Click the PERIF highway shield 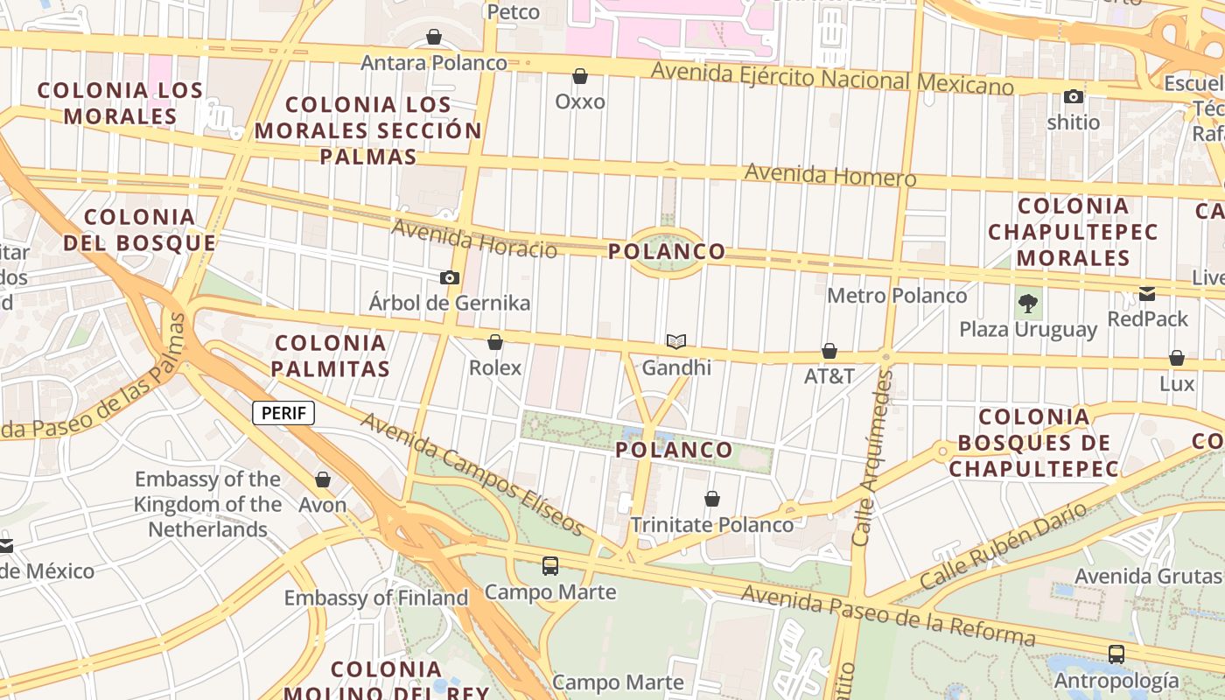pyautogui.click(x=283, y=413)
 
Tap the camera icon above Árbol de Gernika pyautogui.click(x=450, y=278)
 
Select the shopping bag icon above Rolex pyautogui.click(x=495, y=342)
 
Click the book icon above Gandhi pyautogui.click(x=676, y=341)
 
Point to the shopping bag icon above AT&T pyautogui.click(x=829, y=352)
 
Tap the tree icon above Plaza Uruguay pyautogui.click(x=1028, y=304)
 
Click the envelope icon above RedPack pyautogui.click(x=1147, y=294)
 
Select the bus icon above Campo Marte pyautogui.click(x=550, y=566)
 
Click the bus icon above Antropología pyautogui.click(x=1116, y=654)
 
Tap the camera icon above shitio pyautogui.click(x=1074, y=96)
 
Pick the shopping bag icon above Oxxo pyautogui.click(x=580, y=77)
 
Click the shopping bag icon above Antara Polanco pyautogui.click(x=434, y=37)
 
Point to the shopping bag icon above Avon pyautogui.click(x=323, y=480)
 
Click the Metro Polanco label pyautogui.click(x=897, y=296)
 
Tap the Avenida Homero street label pyautogui.click(x=829, y=175)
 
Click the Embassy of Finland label pyautogui.click(x=376, y=598)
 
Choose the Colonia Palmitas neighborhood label pyautogui.click(x=330, y=355)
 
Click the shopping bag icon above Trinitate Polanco pyautogui.click(x=712, y=500)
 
